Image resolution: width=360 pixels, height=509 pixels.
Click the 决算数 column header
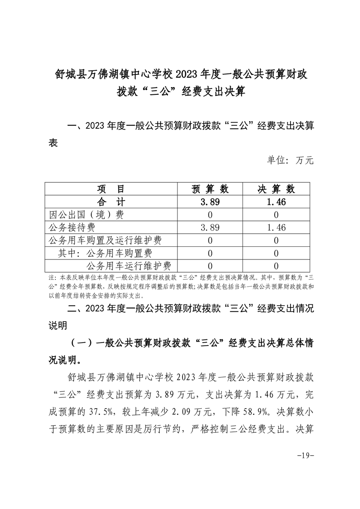[x=276, y=189]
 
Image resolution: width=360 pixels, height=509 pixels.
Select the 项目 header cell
[x=111, y=189]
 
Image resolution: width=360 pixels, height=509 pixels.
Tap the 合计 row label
[x=111, y=202]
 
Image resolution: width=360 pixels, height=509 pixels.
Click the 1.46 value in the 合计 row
[x=276, y=202]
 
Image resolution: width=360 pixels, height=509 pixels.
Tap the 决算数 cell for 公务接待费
[x=276, y=227]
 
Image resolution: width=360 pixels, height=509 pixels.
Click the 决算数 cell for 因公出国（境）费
[x=276, y=215]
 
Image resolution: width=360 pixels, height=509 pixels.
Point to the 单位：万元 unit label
[x=291, y=160]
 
